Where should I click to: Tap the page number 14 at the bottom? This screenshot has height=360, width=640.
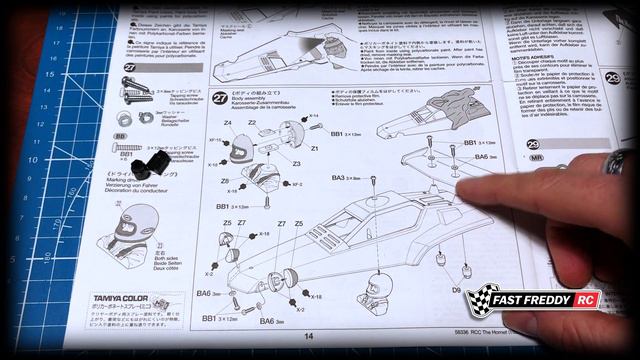pos(309,337)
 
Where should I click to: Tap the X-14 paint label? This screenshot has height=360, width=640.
pos(313,117)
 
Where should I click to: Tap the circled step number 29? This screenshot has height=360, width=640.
pos(614,78)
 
